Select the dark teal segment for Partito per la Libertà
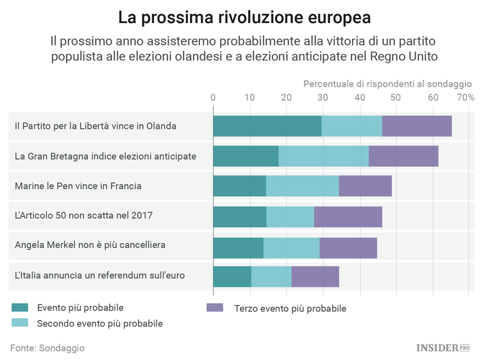coord(267,126)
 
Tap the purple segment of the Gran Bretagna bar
coord(403,156)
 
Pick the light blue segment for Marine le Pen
coord(302,186)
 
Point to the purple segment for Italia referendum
coord(315,276)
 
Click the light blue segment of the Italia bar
coord(271,276)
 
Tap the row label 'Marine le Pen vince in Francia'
coord(78,186)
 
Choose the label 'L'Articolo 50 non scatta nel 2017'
coord(84,216)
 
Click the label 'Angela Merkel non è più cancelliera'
coord(90,246)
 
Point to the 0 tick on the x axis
coord(213,97)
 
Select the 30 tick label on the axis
coord(323,97)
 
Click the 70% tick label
coord(466,97)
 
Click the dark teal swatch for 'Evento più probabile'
coord(20,307)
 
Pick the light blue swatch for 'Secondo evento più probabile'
coord(20,323)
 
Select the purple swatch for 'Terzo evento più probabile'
coord(214,308)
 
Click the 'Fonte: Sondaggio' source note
coord(47,348)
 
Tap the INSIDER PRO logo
coord(443,348)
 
